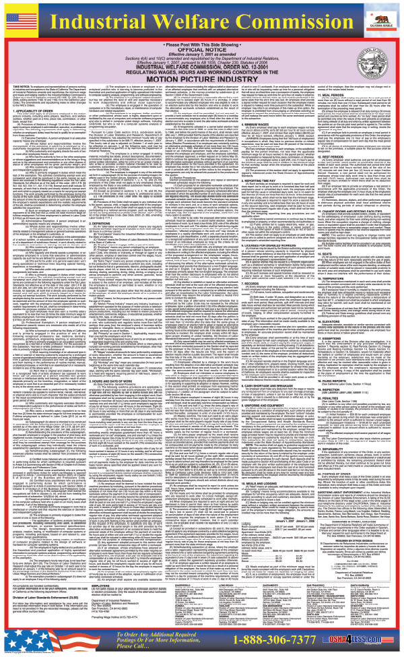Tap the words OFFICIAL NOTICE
pos(202,54)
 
